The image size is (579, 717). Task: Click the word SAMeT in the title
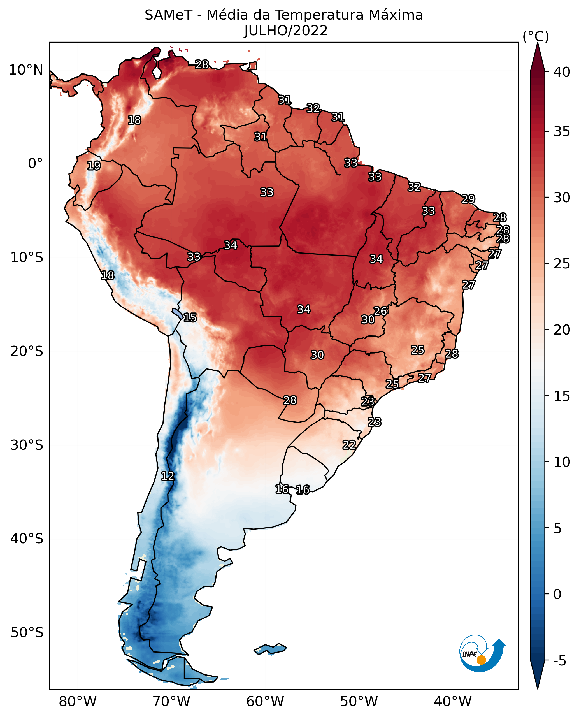[x=168, y=15]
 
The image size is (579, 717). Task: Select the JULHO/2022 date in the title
[x=286, y=31]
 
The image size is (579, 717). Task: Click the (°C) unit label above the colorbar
[x=536, y=36]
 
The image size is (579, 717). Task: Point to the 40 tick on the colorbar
[x=562, y=72]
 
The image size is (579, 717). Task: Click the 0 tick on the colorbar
[x=557, y=594]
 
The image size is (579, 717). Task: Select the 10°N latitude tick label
[x=26, y=70]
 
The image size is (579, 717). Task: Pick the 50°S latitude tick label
[x=27, y=633]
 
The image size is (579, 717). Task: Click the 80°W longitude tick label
[x=78, y=701]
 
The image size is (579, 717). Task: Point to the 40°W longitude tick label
[x=453, y=701]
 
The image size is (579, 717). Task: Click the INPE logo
[x=481, y=654]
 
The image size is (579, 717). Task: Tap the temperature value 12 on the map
[x=168, y=476]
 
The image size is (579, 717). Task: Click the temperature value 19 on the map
[x=94, y=166]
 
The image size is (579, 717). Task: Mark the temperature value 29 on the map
[x=468, y=199]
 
